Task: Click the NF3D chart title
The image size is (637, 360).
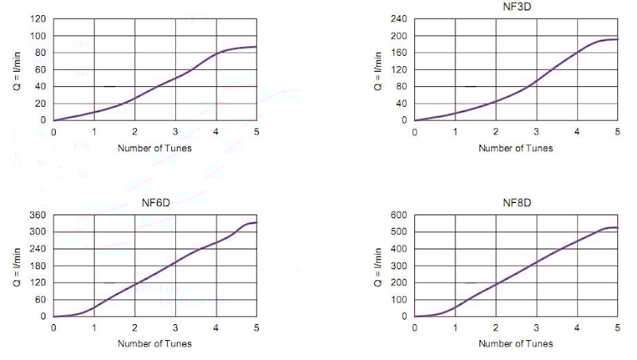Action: pos(516,6)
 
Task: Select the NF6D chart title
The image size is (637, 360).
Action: pos(155,202)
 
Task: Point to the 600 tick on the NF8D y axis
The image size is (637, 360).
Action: pos(400,215)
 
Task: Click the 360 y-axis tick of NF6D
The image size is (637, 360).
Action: pos(38,215)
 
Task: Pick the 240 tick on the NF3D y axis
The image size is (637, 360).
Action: pos(400,19)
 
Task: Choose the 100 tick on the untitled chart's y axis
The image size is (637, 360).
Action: pos(38,36)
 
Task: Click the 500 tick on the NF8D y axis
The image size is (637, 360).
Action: pos(400,232)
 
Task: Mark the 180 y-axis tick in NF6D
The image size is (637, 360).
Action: pos(38,266)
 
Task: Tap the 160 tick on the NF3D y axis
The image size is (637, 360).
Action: pos(400,53)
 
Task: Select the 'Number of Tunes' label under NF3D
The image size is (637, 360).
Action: pos(516,148)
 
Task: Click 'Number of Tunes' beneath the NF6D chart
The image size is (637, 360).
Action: pos(155,344)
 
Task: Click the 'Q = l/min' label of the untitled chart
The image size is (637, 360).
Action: pos(20,69)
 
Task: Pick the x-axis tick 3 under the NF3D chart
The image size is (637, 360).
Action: pos(537,132)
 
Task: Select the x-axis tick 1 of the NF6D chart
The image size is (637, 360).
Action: pos(94,328)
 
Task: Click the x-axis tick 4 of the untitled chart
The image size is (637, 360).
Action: pos(216,132)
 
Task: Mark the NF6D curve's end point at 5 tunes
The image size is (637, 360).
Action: pos(256,222)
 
